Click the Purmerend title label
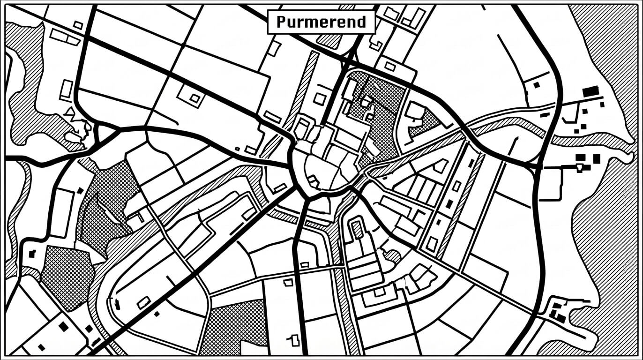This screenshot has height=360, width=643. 321,22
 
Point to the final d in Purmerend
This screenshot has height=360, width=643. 360,22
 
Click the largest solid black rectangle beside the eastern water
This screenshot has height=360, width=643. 591,91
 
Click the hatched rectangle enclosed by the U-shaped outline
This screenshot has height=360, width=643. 358,230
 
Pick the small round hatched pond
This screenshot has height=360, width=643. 393,256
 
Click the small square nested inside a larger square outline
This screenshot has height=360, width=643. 195,98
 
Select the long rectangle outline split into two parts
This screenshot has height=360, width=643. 65,37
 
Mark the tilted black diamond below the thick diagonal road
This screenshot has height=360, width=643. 157,314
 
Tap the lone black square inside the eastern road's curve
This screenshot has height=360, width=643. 537,85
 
